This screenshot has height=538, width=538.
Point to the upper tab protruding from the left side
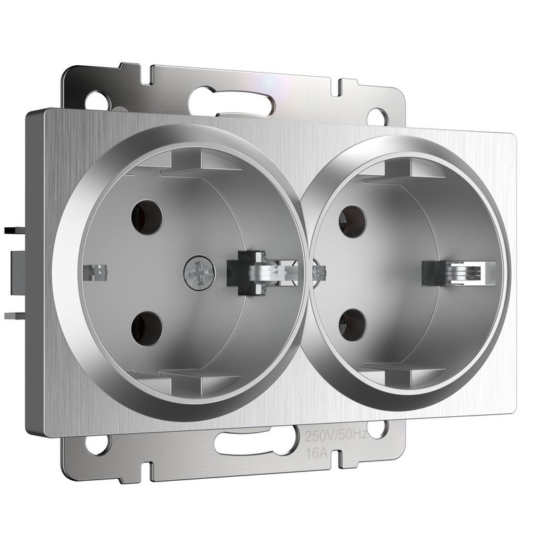pyautogui.click(x=13, y=231)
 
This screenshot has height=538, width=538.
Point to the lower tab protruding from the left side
pyautogui.click(x=13, y=313)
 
